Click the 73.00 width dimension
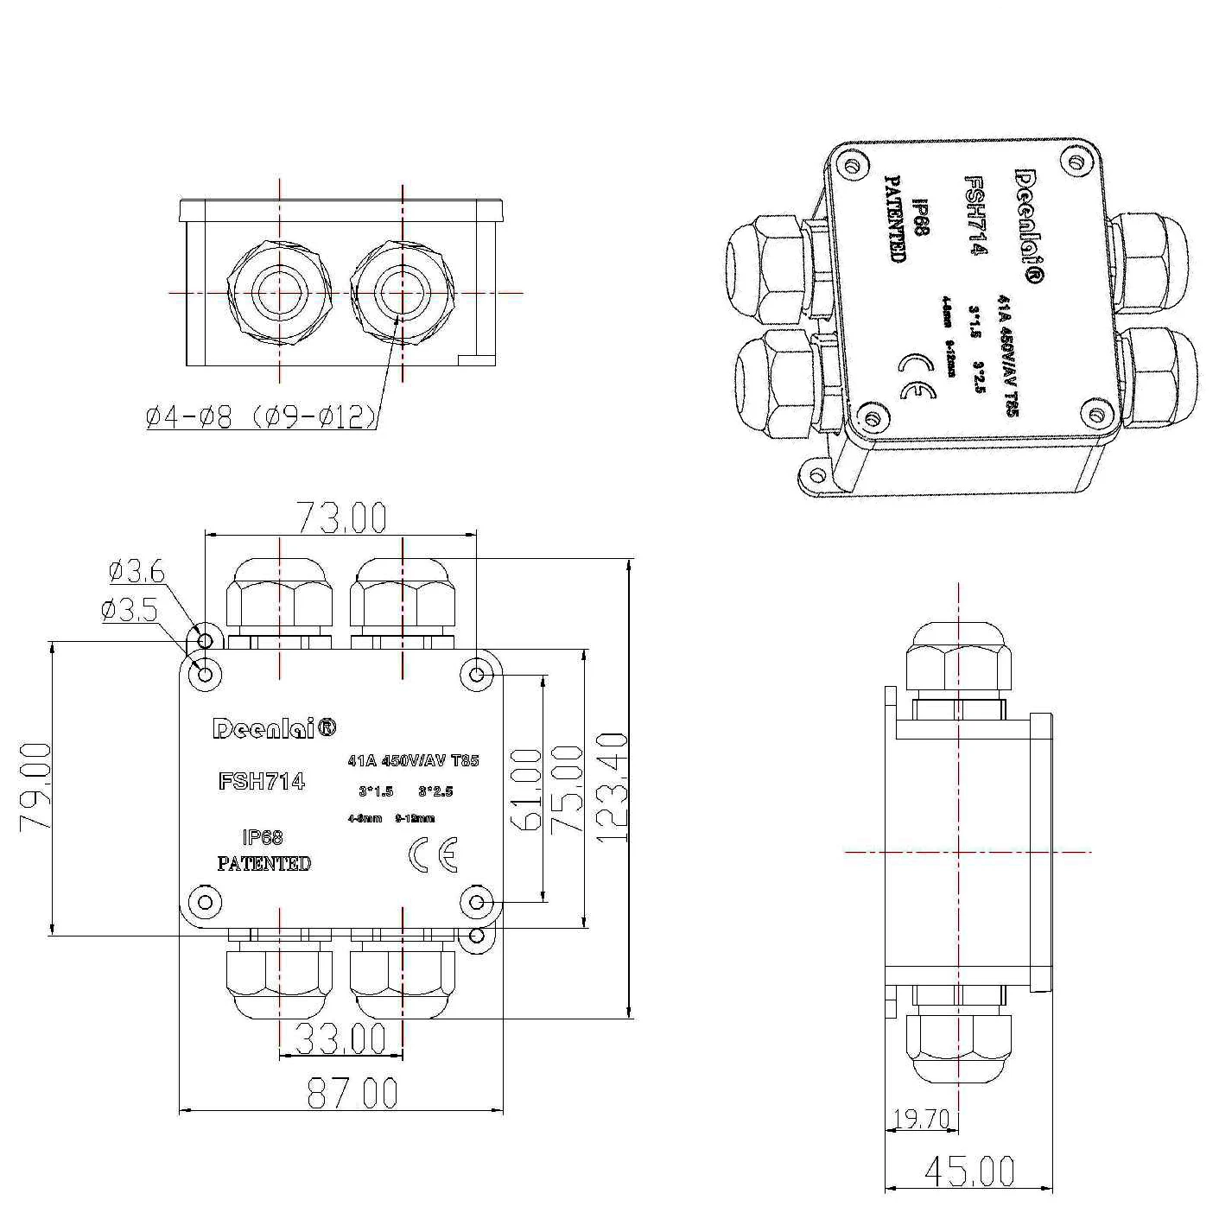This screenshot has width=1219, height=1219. click(342, 517)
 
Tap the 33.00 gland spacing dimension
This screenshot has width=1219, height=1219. click(340, 1038)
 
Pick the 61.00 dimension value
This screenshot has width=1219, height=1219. click(528, 789)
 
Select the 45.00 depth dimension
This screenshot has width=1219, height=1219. click(968, 1171)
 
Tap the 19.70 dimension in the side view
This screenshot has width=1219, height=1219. click(920, 1120)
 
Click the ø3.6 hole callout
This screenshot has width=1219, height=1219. click(137, 570)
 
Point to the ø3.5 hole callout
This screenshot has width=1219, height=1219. click(130, 611)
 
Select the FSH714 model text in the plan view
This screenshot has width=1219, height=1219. click(262, 781)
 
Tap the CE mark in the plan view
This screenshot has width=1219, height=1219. click(432, 854)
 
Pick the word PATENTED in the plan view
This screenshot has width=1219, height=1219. click(263, 863)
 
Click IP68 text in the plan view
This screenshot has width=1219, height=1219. click(263, 837)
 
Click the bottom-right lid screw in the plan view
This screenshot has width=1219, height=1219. click(476, 904)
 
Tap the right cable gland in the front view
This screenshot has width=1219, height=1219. click(403, 294)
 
